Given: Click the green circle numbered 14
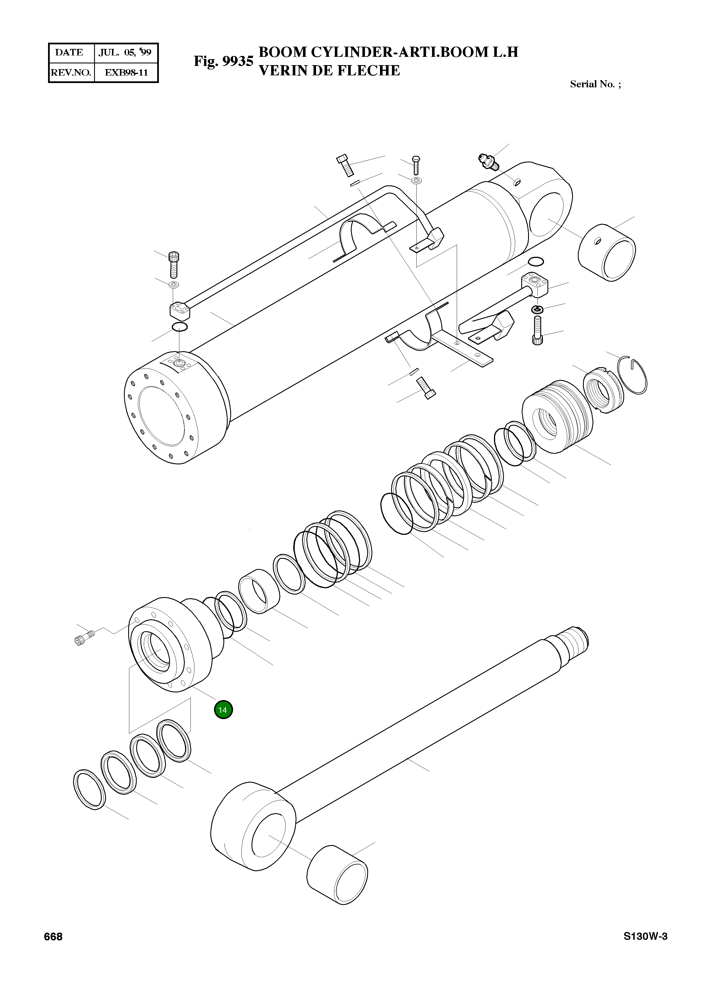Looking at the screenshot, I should coord(223,710).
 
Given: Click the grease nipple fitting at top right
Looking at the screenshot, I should coord(489,160).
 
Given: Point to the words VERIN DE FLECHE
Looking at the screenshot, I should coord(329,70).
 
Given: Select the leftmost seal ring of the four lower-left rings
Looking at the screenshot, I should coord(89,790).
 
